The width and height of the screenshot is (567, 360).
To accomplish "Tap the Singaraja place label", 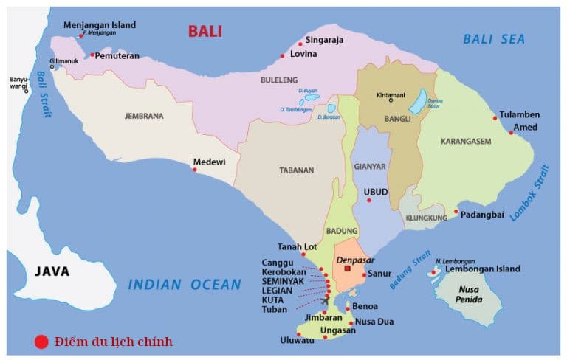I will pos(325,41).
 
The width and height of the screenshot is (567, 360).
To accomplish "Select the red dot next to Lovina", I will pos(283,55).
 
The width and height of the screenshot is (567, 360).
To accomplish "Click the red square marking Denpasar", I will pos(347,269).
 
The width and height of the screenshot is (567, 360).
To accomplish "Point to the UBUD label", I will pos(375,191).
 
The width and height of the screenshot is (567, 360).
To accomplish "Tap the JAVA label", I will pos(52,271).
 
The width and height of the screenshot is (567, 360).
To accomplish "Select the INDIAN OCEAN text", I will pos(185,284).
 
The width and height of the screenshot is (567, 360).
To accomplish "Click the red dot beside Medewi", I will pos(195,170).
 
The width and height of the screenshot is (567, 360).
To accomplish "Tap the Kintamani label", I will pos(391,95).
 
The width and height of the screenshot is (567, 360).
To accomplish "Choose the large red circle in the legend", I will pos(41,342).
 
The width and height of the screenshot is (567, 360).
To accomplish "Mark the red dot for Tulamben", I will pos(495,118).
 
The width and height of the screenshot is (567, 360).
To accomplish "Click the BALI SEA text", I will pos(494,40).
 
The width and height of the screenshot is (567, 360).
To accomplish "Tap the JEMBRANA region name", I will pos(143,116).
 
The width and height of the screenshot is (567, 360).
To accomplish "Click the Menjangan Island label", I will pos(100,25).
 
